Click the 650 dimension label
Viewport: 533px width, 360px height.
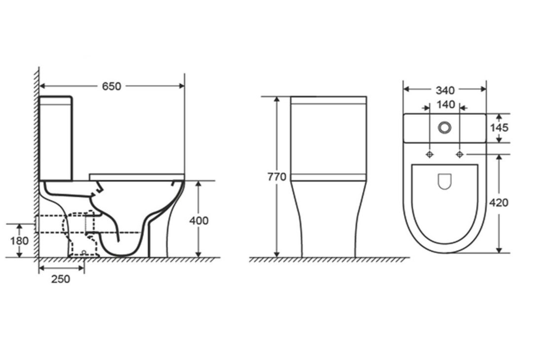click(112, 86)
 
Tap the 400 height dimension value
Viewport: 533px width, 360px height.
click(199, 221)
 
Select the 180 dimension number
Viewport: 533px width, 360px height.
click(19, 241)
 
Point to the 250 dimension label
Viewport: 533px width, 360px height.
click(61, 279)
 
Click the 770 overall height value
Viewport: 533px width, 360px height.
click(277, 177)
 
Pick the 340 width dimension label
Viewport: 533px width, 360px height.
click(445, 90)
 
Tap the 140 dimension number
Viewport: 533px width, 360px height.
click(445, 105)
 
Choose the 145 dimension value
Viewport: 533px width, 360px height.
click(499, 127)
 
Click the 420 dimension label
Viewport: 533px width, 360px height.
click(498, 203)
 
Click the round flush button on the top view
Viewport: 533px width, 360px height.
click(445, 128)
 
